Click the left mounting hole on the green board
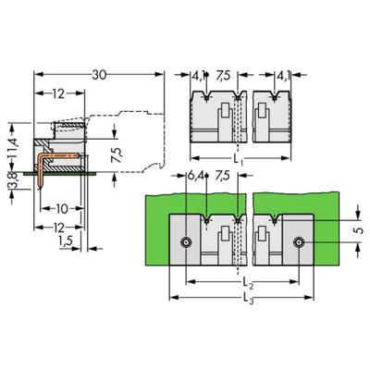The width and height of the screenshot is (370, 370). pos(187,242)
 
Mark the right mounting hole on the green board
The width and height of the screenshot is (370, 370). pos(298,242)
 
